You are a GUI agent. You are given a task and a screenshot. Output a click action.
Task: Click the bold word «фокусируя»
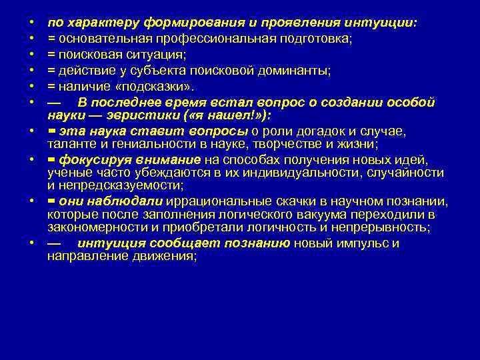click(x=89, y=160)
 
